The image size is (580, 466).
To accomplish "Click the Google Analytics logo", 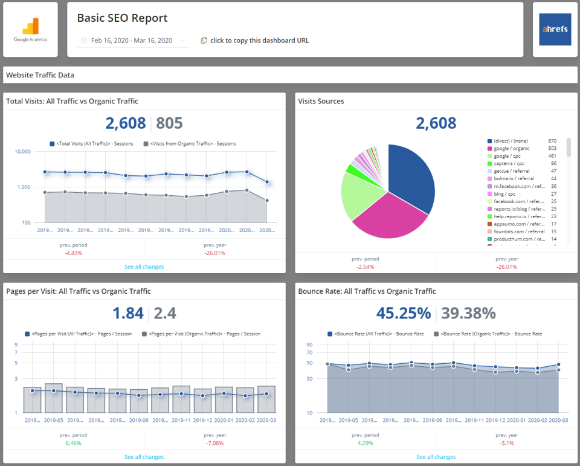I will click(x=30, y=29).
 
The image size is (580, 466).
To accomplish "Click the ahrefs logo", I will click(x=555, y=29).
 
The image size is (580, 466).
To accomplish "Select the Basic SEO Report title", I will click(x=123, y=18).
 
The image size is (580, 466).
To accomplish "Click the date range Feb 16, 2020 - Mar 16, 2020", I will click(x=132, y=40).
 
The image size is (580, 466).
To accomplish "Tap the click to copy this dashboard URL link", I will click(x=259, y=40).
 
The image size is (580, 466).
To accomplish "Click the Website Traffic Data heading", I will click(x=40, y=76).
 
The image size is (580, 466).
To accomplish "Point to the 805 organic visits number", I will click(x=169, y=123).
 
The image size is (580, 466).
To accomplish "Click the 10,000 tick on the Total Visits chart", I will click(x=22, y=152).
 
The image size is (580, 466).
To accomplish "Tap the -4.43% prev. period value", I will click(x=73, y=253).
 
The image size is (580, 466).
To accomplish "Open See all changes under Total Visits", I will click(x=144, y=267).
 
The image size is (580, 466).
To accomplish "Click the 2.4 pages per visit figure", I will click(x=165, y=313).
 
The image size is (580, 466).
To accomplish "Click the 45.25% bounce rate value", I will click(x=403, y=313).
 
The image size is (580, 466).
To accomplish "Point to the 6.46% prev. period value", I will click(x=73, y=443).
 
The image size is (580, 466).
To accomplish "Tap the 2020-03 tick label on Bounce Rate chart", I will click(x=557, y=420).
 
